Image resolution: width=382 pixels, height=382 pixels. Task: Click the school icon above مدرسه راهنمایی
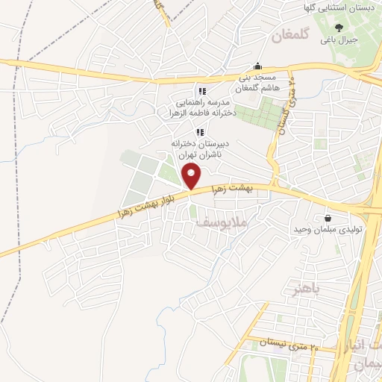(x=202, y=91)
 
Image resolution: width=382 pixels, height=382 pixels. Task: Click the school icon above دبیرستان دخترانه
(x=199, y=132)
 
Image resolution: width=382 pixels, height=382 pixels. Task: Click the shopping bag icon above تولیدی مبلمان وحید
(x=328, y=218)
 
